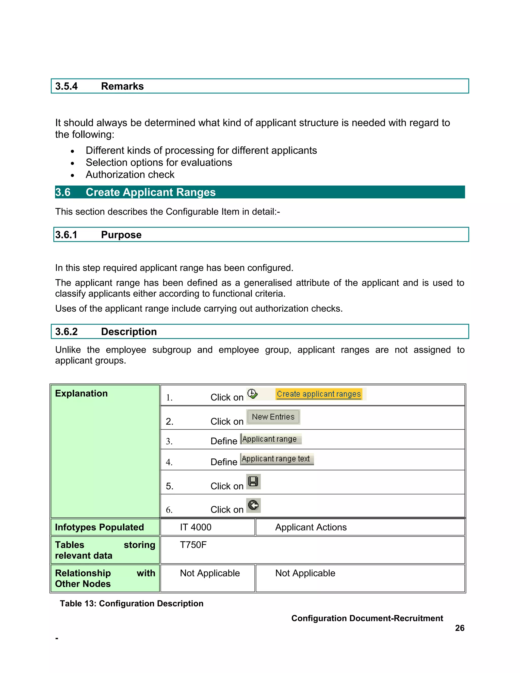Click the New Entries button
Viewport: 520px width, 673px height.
[x=273, y=417]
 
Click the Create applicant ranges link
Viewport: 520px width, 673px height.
[x=319, y=394]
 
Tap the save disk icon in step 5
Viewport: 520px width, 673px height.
[x=253, y=482]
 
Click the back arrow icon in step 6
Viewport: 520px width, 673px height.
[x=253, y=505]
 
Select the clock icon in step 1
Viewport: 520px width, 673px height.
[x=252, y=394]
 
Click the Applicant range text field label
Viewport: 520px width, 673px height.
[x=276, y=459]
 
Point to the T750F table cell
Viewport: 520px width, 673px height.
[x=193, y=545]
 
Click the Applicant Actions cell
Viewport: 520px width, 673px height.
[x=311, y=527]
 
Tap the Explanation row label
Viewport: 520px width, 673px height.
[x=81, y=393]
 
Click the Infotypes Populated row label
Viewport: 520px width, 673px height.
[x=99, y=527]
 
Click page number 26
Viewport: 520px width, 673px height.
[x=459, y=628]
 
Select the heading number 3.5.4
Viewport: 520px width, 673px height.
[x=67, y=86]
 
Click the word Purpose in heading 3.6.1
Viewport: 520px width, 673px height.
[x=121, y=235]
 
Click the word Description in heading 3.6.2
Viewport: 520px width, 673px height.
[x=129, y=332]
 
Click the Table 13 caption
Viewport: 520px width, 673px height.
[x=132, y=603]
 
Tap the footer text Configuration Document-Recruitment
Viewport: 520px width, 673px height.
[x=367, y=618]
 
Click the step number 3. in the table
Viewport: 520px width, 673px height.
[x=169, y=441]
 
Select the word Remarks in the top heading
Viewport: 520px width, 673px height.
[x=122, y=86]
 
